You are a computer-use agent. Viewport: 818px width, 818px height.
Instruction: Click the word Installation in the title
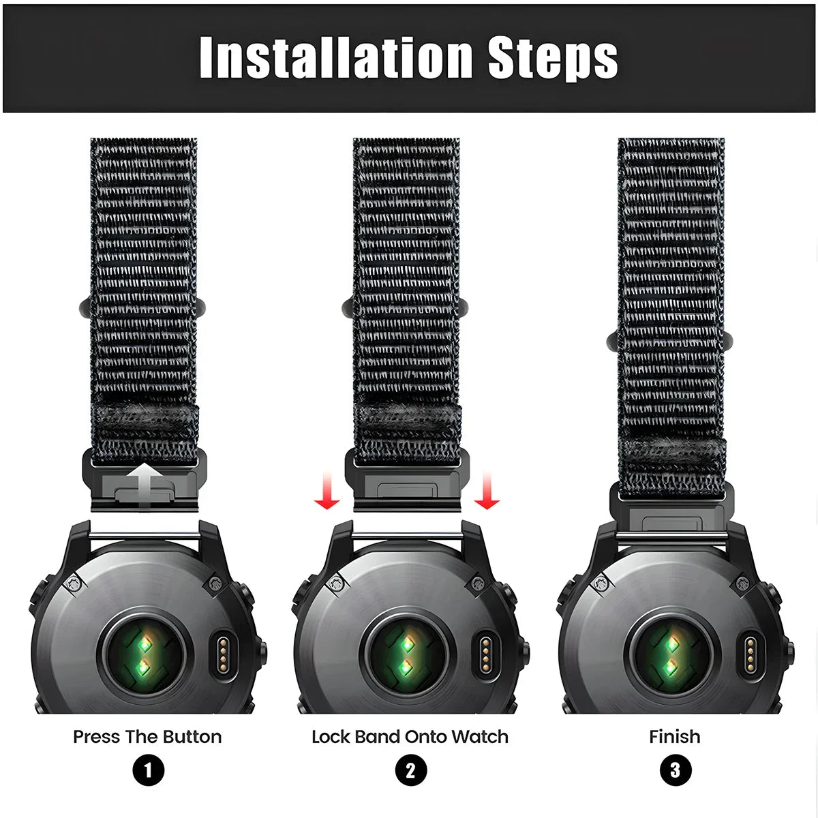point(336,57)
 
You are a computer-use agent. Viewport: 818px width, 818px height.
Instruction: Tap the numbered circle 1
point(148,770)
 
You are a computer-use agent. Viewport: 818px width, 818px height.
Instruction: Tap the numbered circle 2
point(410,770)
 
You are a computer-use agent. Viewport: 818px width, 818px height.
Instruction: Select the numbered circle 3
point(676,770)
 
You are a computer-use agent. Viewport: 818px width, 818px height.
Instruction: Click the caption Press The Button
point(147,737)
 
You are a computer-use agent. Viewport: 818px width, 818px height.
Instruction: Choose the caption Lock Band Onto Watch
point(410,737)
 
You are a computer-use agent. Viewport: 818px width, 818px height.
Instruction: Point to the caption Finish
point(675,737)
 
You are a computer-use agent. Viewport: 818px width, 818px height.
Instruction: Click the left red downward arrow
point(327,490)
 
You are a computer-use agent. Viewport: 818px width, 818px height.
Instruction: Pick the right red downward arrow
point(487,490)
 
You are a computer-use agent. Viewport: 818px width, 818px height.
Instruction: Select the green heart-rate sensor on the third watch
point(670,654)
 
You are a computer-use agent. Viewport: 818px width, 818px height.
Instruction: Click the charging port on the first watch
point(222,654)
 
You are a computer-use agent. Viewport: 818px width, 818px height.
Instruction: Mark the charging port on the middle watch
point(485,654)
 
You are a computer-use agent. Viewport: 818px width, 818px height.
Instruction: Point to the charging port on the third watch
point(750,654)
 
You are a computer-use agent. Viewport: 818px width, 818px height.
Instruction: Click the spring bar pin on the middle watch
point(408,536)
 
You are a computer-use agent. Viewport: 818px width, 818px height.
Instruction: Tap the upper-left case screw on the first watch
point(75,584)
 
